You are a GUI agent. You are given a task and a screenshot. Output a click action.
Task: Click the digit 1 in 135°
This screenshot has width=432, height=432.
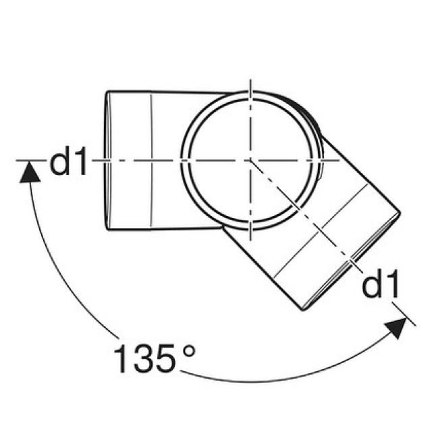[122, 359]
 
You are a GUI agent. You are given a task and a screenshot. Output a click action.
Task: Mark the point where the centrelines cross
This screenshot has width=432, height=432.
[250, 161]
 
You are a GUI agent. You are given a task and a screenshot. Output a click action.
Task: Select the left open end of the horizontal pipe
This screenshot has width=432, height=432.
[107, 161]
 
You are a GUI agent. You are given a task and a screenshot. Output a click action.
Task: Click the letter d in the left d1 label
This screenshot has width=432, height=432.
[61, 162]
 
